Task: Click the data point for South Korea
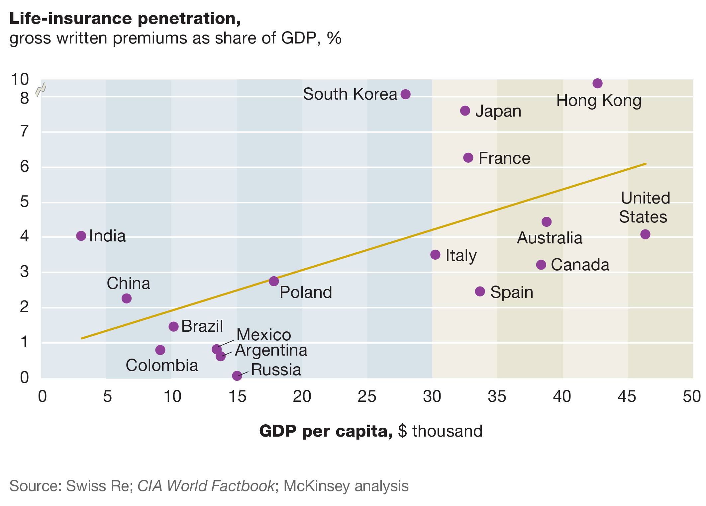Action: [x=405, y=94]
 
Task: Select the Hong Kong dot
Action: [x=597, y=83]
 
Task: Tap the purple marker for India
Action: [x=81, y=236]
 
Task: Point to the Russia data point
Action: [x=237, y=376]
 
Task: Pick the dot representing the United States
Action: [x=645, y=234]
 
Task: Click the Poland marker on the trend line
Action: [x=274, y=281]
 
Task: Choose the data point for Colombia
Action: [x=160, y=350]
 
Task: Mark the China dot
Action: [x=127, y=298]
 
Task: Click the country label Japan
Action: [x=498, y=111]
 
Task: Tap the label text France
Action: [x=504, y=158]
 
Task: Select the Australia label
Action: [x=550, y=238]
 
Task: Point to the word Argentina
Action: [x=271, y=351]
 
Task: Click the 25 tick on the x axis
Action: [x=367, y=396]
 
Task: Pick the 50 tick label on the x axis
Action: [x=692, y=396]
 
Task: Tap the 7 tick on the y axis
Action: [x=25, y=131]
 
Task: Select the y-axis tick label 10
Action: [x=20, y=79]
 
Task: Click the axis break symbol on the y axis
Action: [x=41, y=89]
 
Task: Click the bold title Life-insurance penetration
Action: [x=125, y=19]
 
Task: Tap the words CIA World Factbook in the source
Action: [x=206, y=486]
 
